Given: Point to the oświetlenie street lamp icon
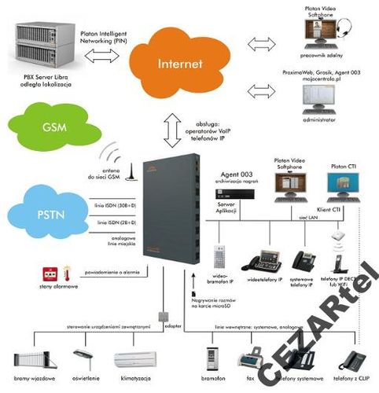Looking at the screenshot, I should pos(81,359).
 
